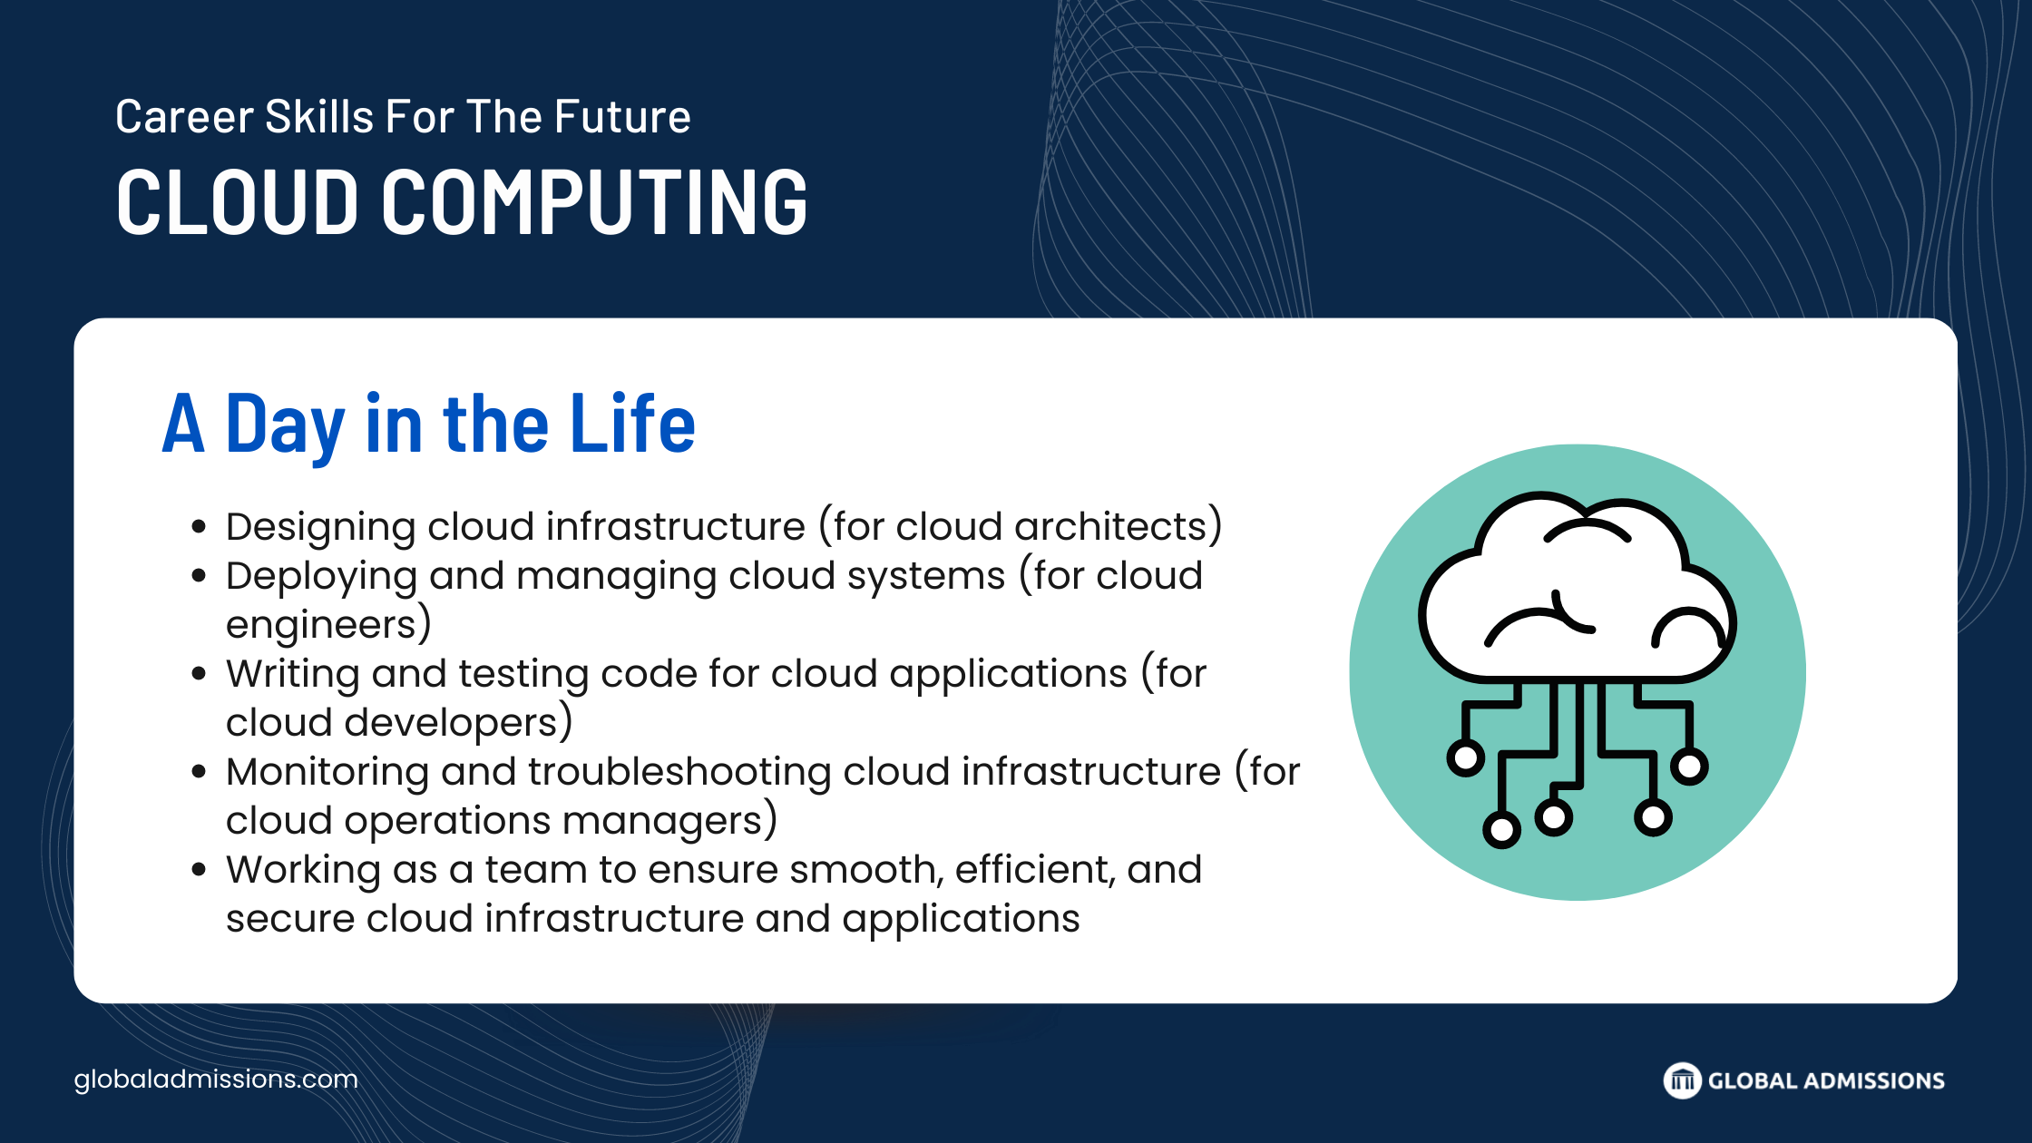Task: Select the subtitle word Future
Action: [622, 117]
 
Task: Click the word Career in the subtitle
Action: [185, 117]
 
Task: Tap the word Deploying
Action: [321, 577]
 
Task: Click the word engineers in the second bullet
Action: [321, 626]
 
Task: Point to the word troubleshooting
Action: [679, 773]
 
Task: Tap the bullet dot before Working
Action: [200, 870]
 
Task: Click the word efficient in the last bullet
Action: [1033, 870]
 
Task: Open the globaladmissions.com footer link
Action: [216, 1079]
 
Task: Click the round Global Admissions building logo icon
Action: [1682, 1080]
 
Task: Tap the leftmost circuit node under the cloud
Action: [1465, 758]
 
